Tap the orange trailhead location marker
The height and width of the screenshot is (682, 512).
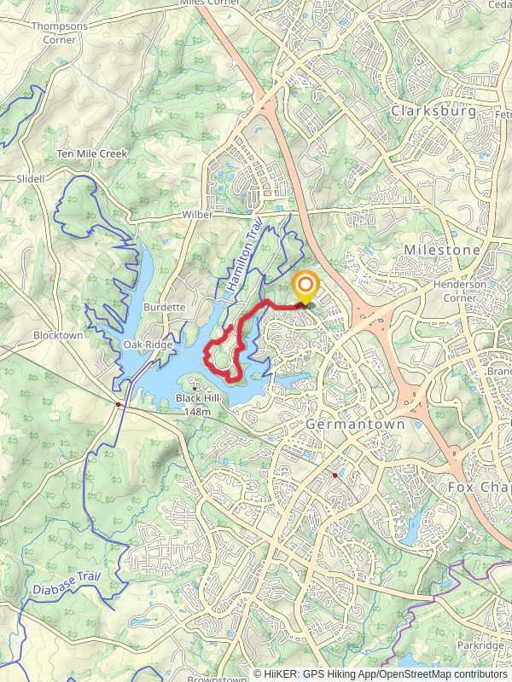point(305,286)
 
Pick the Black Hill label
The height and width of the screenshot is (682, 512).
point(197,399)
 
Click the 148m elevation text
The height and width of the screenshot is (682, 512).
point(197,412)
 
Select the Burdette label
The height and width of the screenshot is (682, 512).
point(165,307)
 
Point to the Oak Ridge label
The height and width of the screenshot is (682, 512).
point(148,344)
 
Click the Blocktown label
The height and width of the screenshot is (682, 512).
point(58,336)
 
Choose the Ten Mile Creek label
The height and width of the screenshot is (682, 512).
point(91,153)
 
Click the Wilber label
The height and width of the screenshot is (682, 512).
point(197,215)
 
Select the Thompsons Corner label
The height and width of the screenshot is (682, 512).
point(60,32)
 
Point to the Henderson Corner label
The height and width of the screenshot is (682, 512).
point(460,291)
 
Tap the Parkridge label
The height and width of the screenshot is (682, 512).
point(480,645)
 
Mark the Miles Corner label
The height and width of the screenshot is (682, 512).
point(210,3)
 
